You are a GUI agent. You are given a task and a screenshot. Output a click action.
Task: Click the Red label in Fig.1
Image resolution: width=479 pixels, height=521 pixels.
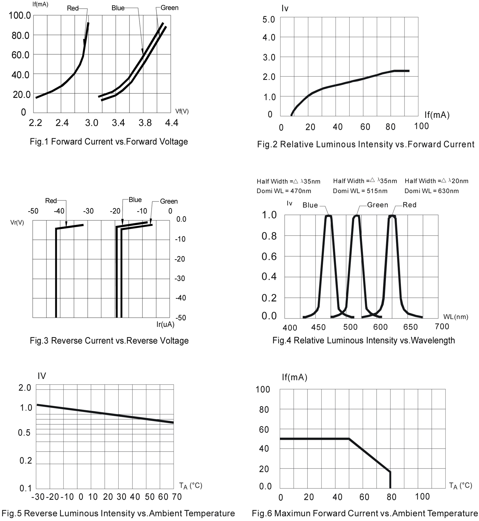[73, 8]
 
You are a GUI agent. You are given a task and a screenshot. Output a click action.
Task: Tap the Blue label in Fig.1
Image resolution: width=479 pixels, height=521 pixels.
[118, 8]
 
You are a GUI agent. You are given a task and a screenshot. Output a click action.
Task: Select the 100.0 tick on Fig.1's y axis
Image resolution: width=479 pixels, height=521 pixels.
[20, 15]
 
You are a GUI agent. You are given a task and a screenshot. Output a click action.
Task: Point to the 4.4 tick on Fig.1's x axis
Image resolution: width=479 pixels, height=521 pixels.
[172, 123]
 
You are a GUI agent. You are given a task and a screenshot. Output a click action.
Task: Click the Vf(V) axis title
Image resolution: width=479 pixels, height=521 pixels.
[182, 111]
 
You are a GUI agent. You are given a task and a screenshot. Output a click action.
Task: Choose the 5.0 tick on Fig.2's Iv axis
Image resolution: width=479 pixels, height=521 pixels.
[269, 20]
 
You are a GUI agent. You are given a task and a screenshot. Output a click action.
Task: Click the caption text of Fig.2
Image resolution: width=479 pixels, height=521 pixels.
[365, 144]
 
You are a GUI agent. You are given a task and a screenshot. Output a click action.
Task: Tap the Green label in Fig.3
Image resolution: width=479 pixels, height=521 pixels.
[169, 201]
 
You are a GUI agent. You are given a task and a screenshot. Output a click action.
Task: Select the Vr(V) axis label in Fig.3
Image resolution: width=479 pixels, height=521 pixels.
[17, 222]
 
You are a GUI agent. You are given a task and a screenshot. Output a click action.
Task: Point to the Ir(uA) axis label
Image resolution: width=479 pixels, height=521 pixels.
[165, 324]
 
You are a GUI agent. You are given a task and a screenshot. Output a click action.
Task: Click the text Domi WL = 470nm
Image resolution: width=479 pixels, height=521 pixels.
[284, 191]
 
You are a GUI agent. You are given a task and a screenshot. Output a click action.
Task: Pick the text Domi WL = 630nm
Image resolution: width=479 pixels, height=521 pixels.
[431, 191]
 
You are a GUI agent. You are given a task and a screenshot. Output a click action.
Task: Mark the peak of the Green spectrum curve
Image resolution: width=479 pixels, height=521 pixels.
[357, 215]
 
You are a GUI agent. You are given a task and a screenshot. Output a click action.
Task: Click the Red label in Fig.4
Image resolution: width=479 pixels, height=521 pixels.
[409, 205]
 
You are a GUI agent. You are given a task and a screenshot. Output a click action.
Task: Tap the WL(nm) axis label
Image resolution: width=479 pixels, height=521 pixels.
[456, 317]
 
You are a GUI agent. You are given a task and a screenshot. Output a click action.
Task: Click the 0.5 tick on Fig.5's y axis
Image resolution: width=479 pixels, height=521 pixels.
[24, 433]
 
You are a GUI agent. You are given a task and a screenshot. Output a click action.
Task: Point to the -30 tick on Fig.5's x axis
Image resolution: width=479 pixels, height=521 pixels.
[38, 497]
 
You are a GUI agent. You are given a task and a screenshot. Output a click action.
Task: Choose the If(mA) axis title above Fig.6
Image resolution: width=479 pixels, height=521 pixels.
[294, 377]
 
